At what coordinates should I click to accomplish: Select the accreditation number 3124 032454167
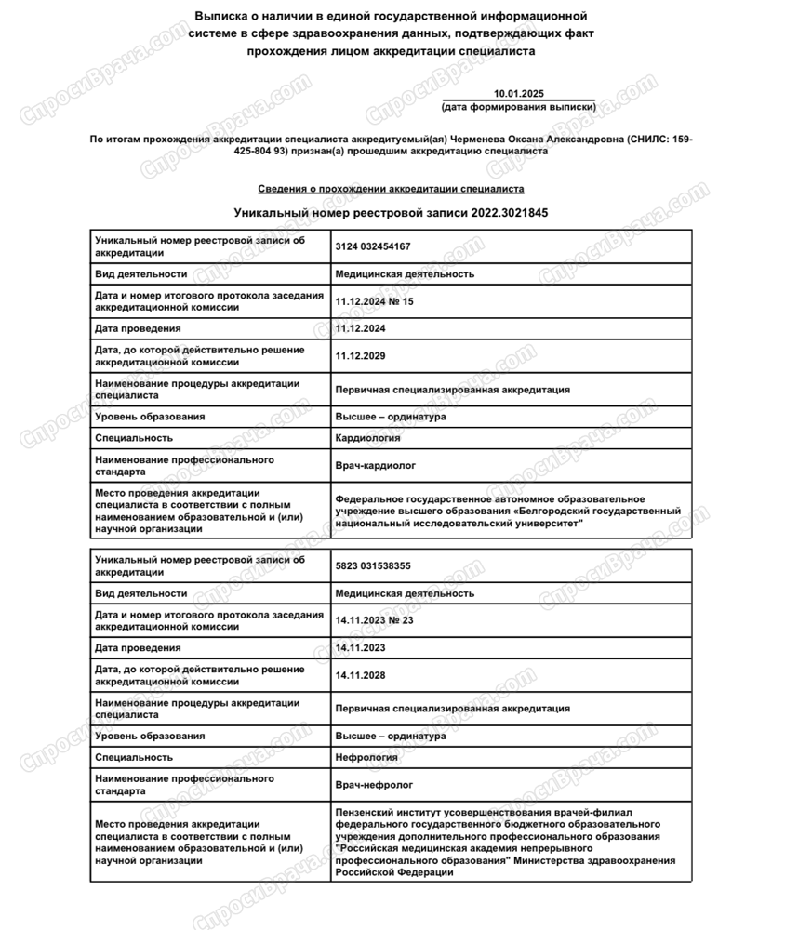point(373,246)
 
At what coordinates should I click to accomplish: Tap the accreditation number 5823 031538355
point(373,565)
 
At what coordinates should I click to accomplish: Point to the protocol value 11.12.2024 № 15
point(374,301)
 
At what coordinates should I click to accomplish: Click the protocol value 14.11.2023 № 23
point(374,620)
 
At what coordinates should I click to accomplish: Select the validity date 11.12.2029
point(360,356)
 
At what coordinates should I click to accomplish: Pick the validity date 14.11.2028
point(360,675)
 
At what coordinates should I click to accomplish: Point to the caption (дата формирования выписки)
point(519,107)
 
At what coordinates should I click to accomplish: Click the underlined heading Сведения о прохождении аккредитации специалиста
point(391,189)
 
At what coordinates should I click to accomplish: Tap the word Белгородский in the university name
point(555,511)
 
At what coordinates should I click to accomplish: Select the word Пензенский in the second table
point(369,812)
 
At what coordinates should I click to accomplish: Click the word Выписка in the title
point(219,17)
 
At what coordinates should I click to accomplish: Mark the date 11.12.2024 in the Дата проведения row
point(360,328)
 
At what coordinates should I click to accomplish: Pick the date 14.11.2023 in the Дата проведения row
point(360,647)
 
